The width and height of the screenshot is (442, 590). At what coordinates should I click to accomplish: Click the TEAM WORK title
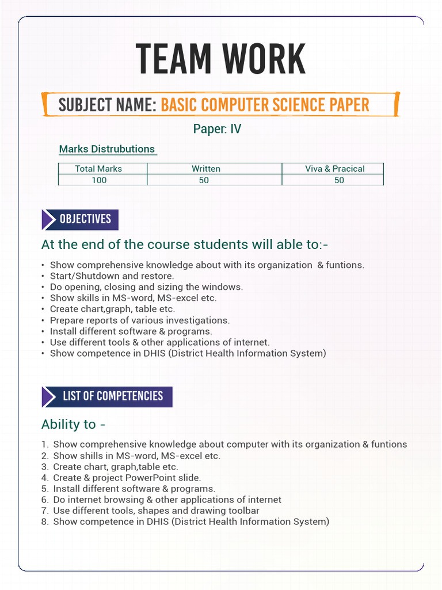pyautogui.click(x=221, y=59)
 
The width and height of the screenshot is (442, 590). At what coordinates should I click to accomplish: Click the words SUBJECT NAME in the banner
pyautogui.click(x=107, y=105)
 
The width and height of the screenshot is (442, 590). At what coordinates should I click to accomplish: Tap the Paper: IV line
pyautogui.click(x=217, y=129)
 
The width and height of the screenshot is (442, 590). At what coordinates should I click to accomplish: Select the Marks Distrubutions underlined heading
pyautogui.click(x=107, y=149)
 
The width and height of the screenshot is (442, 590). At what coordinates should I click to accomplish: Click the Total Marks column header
pyautogui.click(x=98, y=169)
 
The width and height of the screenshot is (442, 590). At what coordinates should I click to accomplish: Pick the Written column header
pyautogui.click(x=206, y=169)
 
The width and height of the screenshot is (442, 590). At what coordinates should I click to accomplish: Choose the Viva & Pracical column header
pyautogui.click(x=334, y=169)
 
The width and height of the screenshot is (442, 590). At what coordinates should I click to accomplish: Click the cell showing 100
pyautogui.click(x=99, y=180)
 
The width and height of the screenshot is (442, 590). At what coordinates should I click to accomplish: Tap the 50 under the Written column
pyautogui.click(x=204, y=180)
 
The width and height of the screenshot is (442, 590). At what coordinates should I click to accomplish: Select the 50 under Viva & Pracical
pyautogui.click(x=339, y=180)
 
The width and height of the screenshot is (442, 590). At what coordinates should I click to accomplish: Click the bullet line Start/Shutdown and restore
pyautogui.click(x=112, y=276)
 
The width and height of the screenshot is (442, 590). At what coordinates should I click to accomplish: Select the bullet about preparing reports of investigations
pyautogui.click(x=139, y=320)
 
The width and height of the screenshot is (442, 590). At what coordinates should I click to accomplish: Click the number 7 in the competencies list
pyautogui.click(x=44, y=510)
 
